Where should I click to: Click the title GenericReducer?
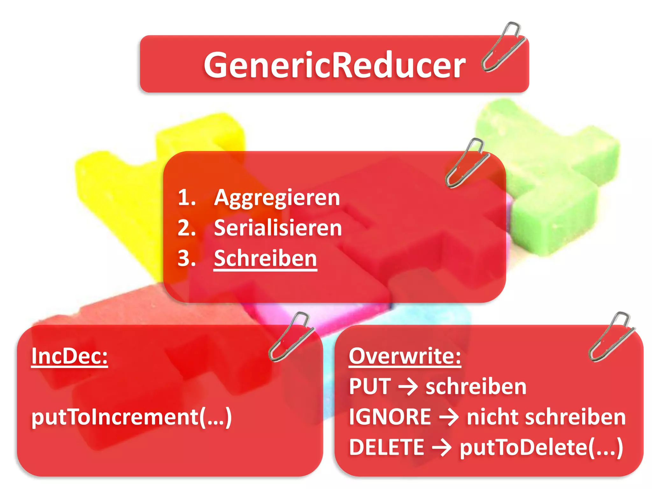(334, 65)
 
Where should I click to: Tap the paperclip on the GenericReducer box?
(503, 46)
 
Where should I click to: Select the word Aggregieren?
(277, 198)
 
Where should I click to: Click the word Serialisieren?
(278, 228)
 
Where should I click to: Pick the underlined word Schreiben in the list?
(265, 258)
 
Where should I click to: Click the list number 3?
(187, 258)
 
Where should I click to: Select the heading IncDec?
(69, 356)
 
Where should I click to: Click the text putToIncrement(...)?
(131, 417)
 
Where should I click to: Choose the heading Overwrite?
(405, 356)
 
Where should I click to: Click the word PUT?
(370, 386)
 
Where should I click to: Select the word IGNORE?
(390, 417)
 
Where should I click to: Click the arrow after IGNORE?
(449, 417)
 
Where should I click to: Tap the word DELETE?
(386, 447)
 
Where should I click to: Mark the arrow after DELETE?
(442, 448)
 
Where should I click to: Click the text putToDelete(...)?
(541, 448)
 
